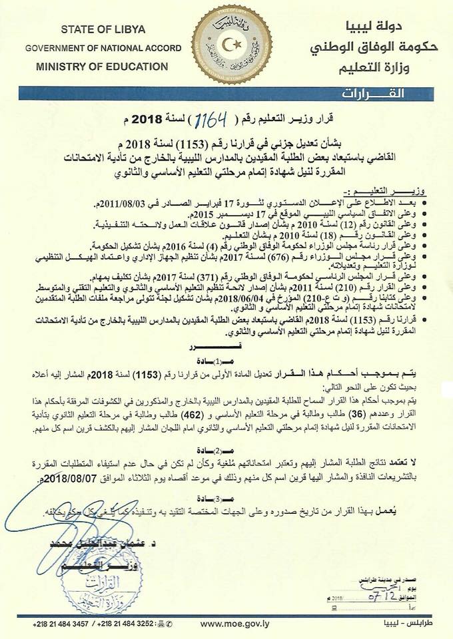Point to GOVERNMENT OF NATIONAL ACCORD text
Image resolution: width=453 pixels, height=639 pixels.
click(97, 49)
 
